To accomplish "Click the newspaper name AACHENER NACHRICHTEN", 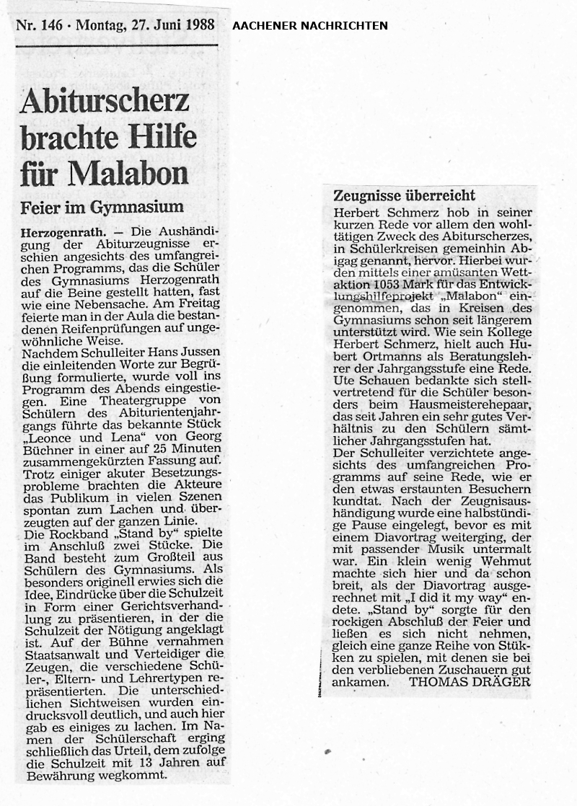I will click(x=309, y=26).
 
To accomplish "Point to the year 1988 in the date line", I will click(x=198, y=24).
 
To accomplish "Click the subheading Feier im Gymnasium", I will click(x=102, y=208).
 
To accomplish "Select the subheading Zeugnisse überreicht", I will click(x=404, y=195).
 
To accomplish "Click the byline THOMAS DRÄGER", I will click(x=470, y=681).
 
